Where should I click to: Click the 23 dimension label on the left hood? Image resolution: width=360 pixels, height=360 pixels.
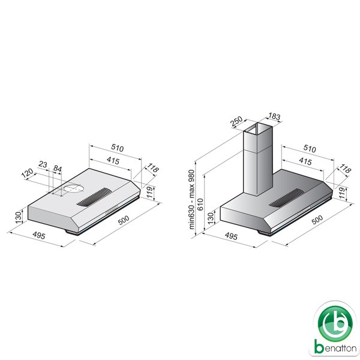pos(43,164)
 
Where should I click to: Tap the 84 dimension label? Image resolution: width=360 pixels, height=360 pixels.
pos(58,169)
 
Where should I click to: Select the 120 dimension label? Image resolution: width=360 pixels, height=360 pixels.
pos(28,173)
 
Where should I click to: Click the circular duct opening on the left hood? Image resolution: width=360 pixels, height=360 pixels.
pos(74,188)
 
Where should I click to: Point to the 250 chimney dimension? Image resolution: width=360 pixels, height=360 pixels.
pos(236,121)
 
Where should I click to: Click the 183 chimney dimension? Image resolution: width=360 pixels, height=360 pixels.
pos(274,116)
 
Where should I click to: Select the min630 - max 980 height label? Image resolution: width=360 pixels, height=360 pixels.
pos(191,199)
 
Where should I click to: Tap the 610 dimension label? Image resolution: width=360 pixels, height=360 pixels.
pos(200,205)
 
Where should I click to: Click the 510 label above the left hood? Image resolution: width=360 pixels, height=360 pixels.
pos(118,148)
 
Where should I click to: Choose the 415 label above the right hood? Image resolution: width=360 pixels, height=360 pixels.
pos(305,161)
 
